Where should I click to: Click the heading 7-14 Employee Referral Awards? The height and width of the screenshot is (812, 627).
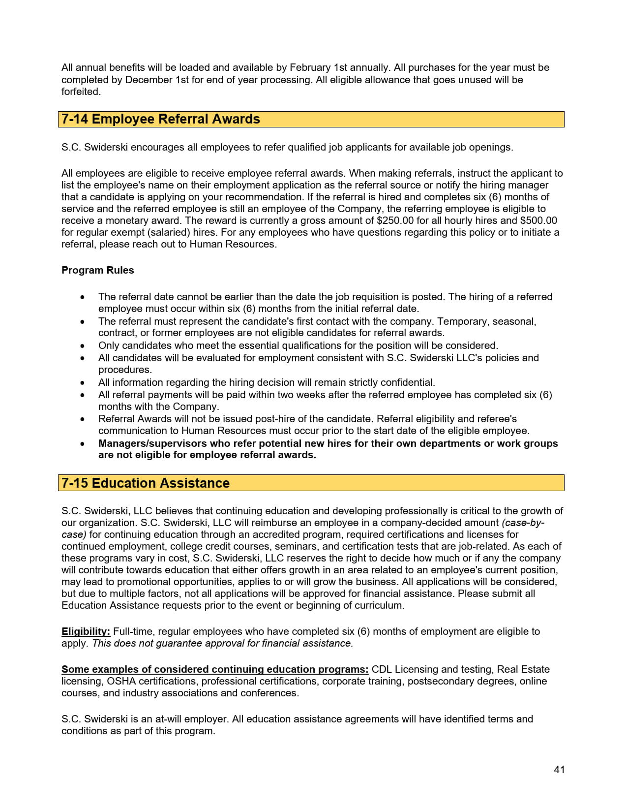point(160,120)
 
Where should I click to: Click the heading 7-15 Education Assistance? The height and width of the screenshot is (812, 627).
point(145,483)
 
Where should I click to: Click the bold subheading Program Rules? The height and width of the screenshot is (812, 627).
point(97,270)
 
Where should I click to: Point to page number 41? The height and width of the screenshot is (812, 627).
point(559,770)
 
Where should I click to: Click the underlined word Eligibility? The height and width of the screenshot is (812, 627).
point(86,631)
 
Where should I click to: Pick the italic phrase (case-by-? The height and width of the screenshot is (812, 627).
point(523,523)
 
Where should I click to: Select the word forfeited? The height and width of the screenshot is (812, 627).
point(81,92)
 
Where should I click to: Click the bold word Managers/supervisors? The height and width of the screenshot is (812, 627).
point(152,443)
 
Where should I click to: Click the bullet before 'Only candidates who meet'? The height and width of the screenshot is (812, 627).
point(83,346)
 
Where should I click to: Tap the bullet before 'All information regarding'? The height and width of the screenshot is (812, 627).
point(83,383)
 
